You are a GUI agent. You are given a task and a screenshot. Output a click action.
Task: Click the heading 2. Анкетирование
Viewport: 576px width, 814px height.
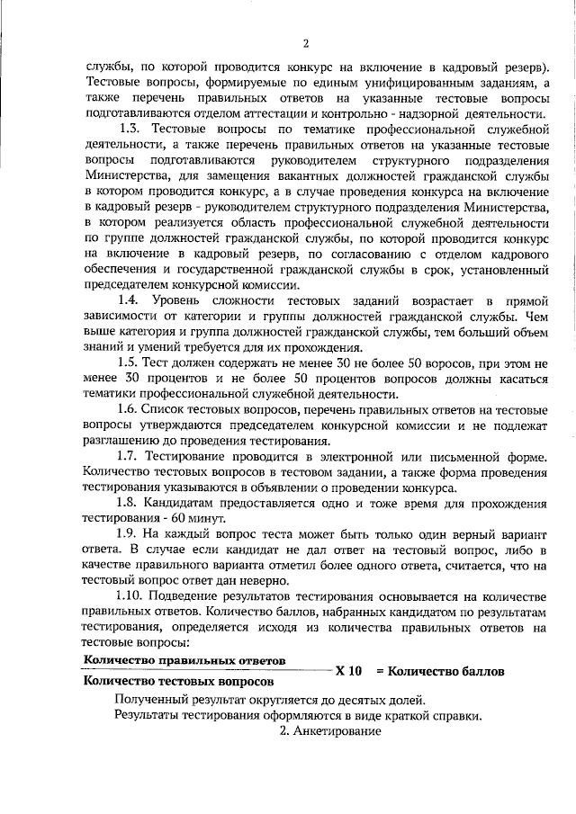click(x=330, y=731)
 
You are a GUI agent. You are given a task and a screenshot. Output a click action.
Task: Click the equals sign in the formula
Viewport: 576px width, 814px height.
click(x=381, y=671)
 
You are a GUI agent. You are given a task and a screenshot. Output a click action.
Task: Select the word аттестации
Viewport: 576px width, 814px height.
click(x=299, y=115)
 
